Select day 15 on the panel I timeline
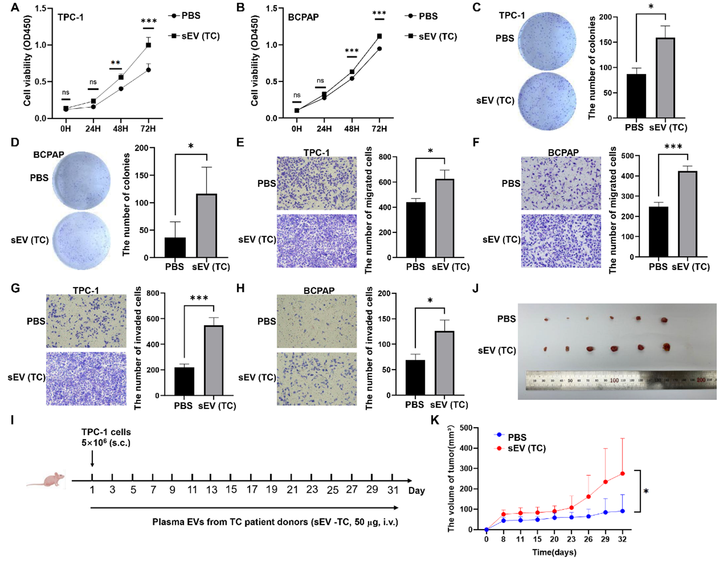231,490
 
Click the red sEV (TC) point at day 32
622,474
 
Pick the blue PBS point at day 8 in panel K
503,521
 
